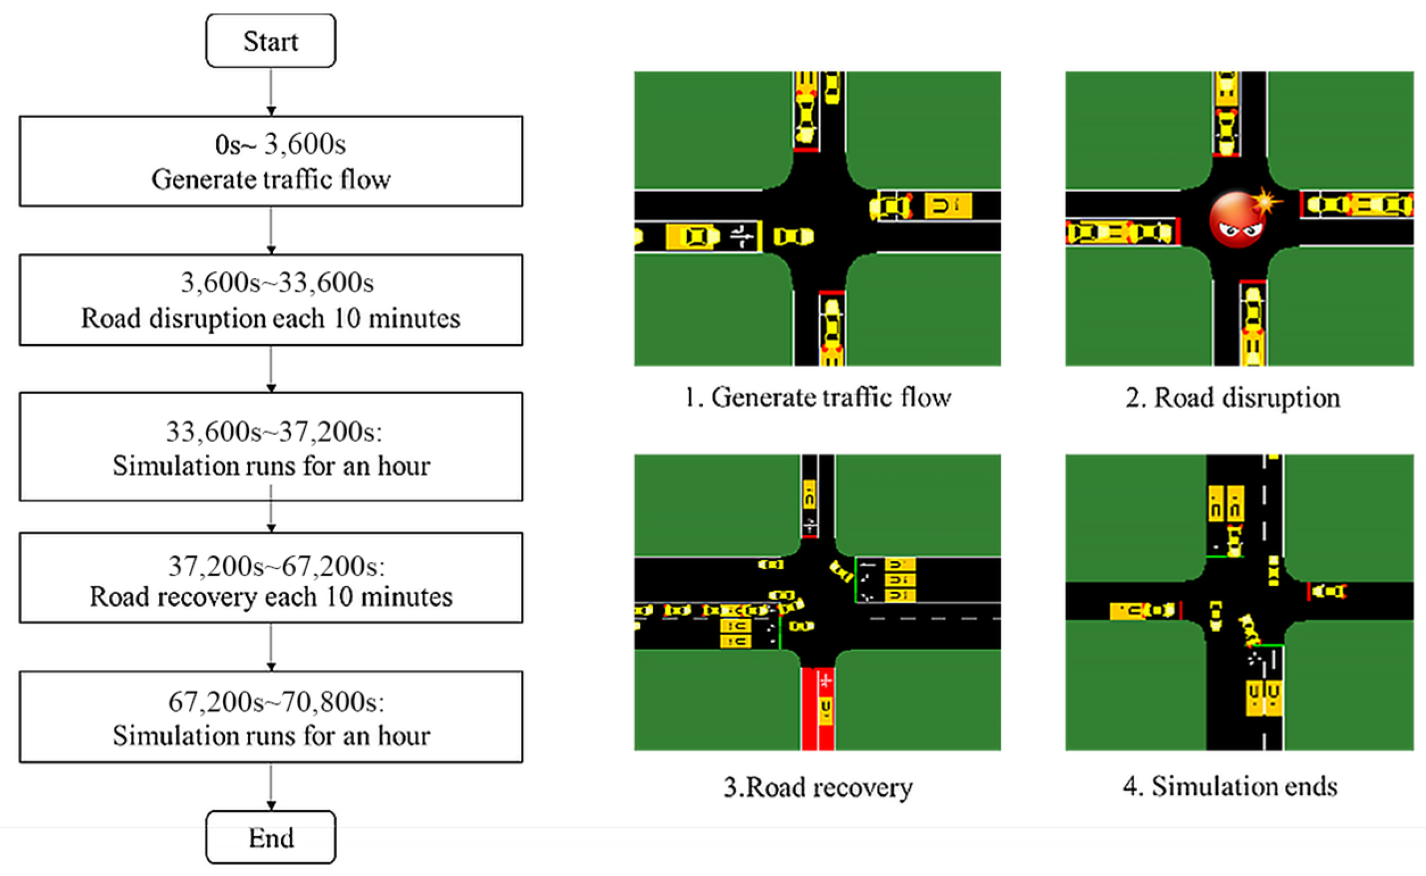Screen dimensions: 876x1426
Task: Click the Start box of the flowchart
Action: (x=271, y=41)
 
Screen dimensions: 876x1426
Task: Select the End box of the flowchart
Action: (x=271, y=837)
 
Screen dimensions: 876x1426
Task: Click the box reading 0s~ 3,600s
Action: (x=271, y=161)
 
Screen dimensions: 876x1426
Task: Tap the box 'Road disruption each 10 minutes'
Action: (x=271, y=300)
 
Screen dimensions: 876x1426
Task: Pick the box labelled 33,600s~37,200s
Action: (x=271, y=447)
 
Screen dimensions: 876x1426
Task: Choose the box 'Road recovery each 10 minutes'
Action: (x=271, y=578)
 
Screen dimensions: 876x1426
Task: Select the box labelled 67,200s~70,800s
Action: (x=271, y=718)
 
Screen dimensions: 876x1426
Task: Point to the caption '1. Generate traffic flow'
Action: (x=818, y=398)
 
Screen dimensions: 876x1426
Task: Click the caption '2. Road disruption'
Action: (x=1233, y=398)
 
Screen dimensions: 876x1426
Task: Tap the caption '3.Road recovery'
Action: (x=818, y=787)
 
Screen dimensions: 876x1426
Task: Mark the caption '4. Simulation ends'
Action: (x=1230, y=786)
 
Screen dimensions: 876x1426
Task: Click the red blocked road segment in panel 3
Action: (x=818, y=709)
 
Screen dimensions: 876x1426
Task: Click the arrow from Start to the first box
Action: (x=271, y=91)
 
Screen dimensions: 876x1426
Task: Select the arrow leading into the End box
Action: (x=271, y=786)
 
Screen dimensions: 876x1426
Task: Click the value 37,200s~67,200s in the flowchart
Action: (x=276, y=566)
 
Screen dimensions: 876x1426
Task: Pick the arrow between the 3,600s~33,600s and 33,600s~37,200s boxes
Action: (x=271, y=369)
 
